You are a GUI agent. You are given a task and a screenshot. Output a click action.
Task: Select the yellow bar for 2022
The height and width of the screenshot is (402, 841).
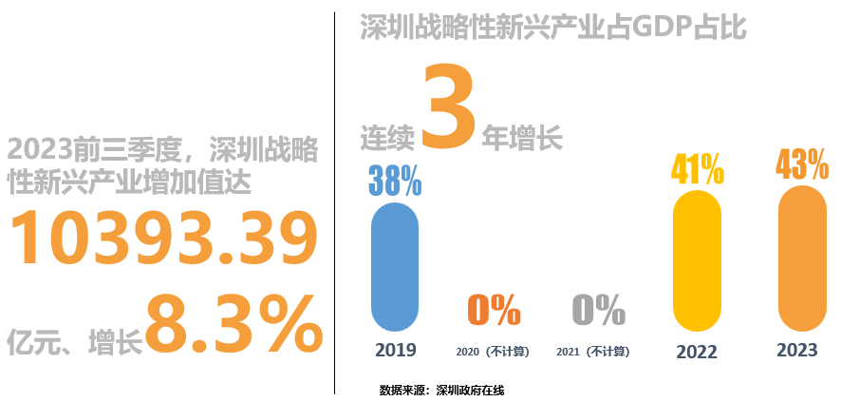697,258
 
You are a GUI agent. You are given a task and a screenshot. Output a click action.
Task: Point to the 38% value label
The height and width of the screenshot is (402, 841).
395,180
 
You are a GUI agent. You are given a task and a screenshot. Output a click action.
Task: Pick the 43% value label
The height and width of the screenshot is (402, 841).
802,164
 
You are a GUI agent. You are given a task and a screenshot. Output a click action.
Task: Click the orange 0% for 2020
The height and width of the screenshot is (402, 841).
494,310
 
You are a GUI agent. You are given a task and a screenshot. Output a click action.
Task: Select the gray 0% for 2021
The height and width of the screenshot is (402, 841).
598,310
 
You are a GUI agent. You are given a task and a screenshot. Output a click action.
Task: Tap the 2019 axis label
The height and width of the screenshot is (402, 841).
395,350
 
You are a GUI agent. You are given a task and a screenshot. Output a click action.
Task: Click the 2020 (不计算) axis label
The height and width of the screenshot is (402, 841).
493,352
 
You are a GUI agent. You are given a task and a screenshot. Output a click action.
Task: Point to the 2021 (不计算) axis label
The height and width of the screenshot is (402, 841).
593,352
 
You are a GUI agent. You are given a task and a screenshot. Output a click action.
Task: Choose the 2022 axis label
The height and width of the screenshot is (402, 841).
697,352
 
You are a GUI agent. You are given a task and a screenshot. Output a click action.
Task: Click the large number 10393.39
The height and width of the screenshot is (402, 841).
162,238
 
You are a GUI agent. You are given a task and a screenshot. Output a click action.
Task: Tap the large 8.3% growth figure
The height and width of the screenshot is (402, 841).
234,324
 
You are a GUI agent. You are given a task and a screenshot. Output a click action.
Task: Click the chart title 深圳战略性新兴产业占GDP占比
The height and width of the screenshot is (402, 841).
553,28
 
